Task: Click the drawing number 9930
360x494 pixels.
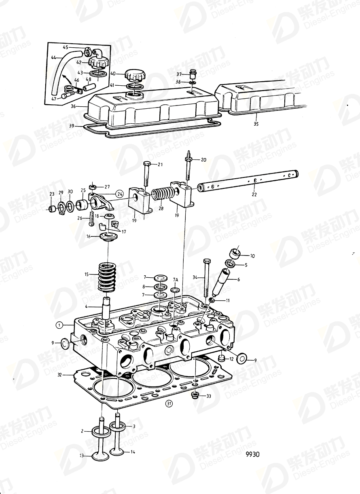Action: coord(252,454)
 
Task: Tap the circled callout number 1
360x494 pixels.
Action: coord(59,325)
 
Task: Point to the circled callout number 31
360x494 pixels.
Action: coord(169,403)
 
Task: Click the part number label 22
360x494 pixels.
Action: coord(254,194)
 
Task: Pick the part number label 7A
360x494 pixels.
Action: coord(175,280)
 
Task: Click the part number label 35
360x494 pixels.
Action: coord(256,124)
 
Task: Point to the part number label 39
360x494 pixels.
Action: coord(71,126)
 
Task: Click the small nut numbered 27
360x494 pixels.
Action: coord(92,187)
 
